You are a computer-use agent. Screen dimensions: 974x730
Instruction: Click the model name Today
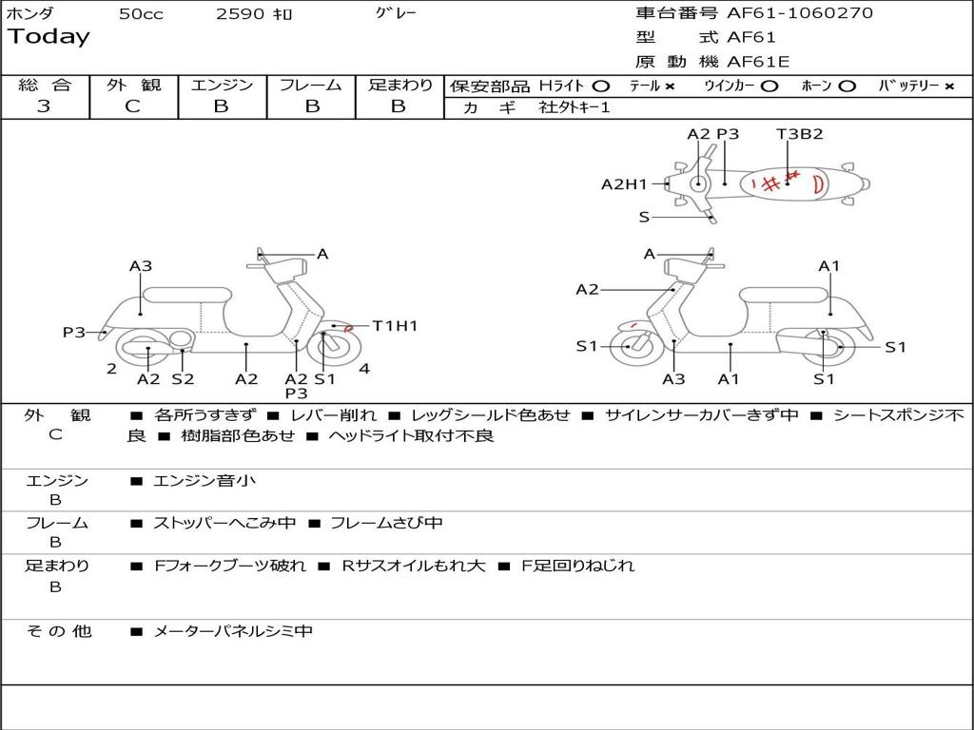(49, 37)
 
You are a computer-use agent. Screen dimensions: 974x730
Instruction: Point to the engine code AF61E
(758, 63)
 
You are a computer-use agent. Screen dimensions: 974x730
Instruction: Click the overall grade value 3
(44, 106)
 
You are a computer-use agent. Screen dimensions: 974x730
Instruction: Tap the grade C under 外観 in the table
(132, 106)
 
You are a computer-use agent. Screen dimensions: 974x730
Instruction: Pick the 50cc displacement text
(141, 14)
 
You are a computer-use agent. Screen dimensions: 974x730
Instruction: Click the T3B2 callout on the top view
(799, 134)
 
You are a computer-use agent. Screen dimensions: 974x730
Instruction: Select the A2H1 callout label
(623, 184)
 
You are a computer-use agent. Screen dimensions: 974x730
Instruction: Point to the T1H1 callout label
(395, 326)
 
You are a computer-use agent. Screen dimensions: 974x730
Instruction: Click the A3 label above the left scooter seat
(141, 266)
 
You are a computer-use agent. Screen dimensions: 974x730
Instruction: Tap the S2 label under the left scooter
(183, 379)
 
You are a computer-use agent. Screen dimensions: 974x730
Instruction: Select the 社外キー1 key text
(575, 107)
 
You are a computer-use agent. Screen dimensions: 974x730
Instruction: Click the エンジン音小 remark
(204, 481)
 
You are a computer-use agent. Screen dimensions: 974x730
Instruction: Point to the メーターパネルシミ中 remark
(233, 631)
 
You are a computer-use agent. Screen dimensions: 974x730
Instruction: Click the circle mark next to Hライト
(600, 86)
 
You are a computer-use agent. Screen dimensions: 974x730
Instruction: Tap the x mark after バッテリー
(949, 86)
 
